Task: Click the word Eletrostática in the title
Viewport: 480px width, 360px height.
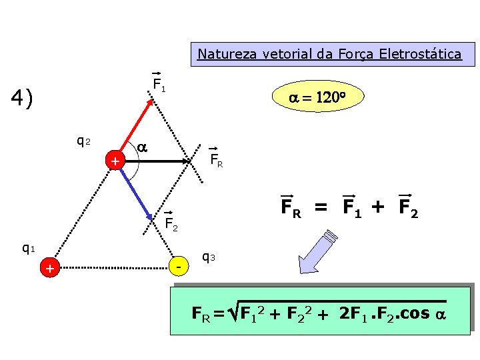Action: [425, 53]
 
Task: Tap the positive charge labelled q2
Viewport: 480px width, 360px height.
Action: [115, 161]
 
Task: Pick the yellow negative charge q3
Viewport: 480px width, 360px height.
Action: [178, 267]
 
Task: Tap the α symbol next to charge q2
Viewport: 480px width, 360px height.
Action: [142, 146]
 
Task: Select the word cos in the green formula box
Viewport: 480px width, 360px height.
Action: [415, 313]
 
